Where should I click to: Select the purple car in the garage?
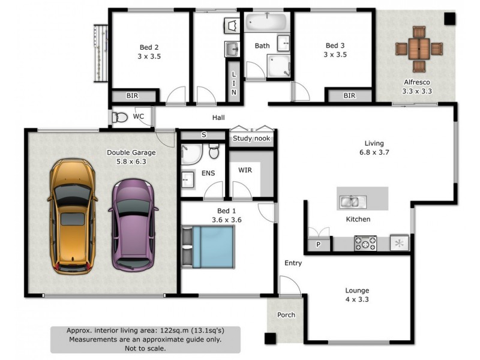133,224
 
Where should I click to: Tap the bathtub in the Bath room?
266,23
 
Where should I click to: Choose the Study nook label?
251,139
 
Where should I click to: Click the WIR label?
245,170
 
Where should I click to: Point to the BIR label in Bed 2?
133,95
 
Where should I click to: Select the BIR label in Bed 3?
349,95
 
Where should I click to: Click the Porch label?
286,315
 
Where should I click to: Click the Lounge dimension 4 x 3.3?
357,299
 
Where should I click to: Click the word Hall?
218,118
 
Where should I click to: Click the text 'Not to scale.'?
145,347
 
